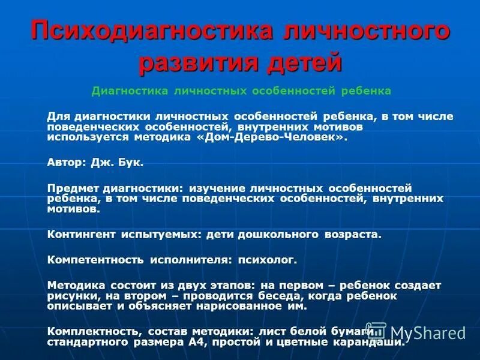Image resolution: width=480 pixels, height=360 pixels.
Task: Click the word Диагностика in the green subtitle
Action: point(129,91)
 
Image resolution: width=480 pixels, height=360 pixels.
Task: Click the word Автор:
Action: point(67,162)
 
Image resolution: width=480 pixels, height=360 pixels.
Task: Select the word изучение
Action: point(221,188)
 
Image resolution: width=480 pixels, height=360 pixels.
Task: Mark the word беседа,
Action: point(284,296)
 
